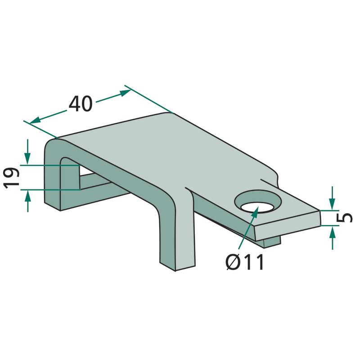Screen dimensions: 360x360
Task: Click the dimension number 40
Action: (81, 104)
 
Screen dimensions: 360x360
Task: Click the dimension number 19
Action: (12, 178)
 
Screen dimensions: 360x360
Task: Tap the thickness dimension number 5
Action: (344, 218)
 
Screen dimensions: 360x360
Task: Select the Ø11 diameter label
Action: (245, 262)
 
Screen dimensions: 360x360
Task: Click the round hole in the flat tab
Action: (258, 202)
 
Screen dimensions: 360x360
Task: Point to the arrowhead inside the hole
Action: (255, 211)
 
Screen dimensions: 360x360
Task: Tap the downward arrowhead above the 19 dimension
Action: (27, 159)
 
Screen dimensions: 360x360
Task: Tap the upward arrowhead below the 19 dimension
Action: (27, 196)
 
